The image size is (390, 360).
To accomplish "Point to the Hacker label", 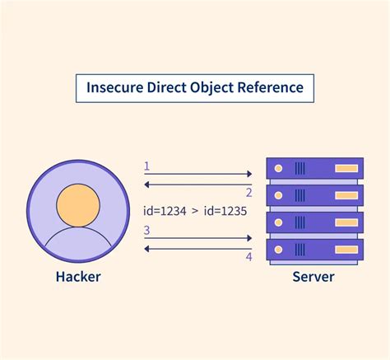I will point(78,277).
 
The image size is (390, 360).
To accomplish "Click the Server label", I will point(313,277).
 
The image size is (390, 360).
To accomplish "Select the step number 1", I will point(146,166).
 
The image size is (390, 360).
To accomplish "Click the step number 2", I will point(248,191).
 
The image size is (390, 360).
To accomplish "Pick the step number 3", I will point(146,230).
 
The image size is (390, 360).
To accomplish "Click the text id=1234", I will point(167,210).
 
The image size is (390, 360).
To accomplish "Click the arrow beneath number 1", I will point(197,175).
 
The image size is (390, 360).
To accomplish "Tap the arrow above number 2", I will point(197,183).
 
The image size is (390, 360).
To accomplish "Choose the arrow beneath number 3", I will point(197,238).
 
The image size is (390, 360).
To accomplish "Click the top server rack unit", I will point(314,168).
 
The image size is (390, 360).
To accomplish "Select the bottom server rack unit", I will point(314,250).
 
